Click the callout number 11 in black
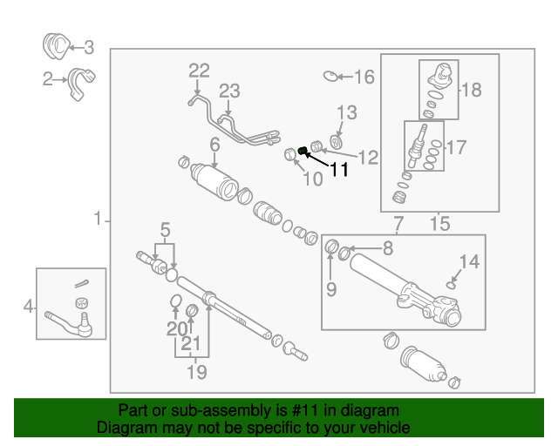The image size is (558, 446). (x=338, y=170)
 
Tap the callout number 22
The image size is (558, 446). (x=199, y=71)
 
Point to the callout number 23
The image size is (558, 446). (x=228, y=91)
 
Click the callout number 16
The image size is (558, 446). (x=363, y=78)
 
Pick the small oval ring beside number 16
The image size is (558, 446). (x=330, y=77)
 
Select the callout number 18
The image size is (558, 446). (x=471, y=89)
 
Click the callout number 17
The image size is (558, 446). (x=456, y=147)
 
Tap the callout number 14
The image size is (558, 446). (x=469, y=260)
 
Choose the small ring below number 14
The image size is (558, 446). (x=451, y=283)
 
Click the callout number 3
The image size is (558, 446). (x=87, y=49)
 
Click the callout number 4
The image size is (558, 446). (x=29, y=306)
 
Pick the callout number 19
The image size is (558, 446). (x=197, y=372)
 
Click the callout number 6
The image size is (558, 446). (x=214, y=144)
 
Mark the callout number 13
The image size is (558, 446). (x=346, y=112)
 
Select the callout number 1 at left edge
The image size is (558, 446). (x=98, y=219)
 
